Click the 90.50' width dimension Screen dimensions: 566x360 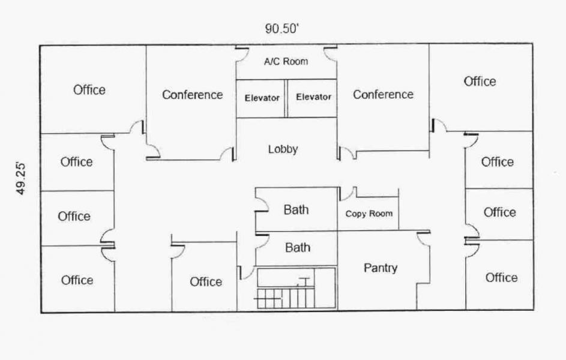tap(282, 28)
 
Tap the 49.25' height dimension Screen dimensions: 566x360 tap(21, 179)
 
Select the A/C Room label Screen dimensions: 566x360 tap(286, 61)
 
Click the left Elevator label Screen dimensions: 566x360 tap(262, 98)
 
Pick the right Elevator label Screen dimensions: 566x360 tap(313, 97)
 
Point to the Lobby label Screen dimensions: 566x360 tap(283, 149)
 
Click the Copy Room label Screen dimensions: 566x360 tap(369, 214)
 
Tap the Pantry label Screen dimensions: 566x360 tap(381, 268)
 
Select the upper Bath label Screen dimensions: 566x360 tap(296, 209)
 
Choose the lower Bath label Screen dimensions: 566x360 tap(298, 247)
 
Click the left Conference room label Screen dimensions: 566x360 tap(193, 95)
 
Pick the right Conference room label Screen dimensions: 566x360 tap(383, 95)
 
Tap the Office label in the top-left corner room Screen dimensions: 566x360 tap(89, 90)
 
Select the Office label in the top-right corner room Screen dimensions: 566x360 tap(480, 82)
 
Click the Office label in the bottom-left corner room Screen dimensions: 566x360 tap(77, 280)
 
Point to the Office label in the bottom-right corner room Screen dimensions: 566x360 tap(501, 278)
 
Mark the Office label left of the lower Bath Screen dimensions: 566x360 tap(206, 282)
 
